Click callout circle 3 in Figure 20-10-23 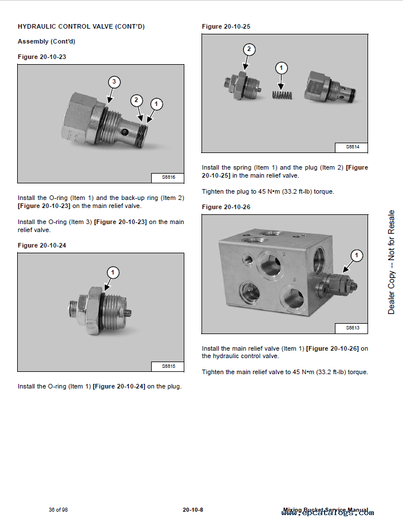click(114, 82)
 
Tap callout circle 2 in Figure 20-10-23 click(136, 100)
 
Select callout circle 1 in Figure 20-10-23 click(156, 104)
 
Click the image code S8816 click(168, 178)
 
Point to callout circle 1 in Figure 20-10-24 click(113, 272)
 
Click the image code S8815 click(168, 366)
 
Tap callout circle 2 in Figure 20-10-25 click(248, 49)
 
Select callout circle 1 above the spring click(281, 68)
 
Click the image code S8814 click(353, 147)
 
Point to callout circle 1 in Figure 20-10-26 click(357, 255)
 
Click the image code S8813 click(353, 328)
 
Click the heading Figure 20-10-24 click(42, 245)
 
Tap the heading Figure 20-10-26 click(226, 207)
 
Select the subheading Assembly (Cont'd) click(46, 41)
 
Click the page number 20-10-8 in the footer click(193, 510)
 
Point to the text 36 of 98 click(58, 510)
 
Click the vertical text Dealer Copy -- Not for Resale click(392, 262)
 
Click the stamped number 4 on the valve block click(295, 280)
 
